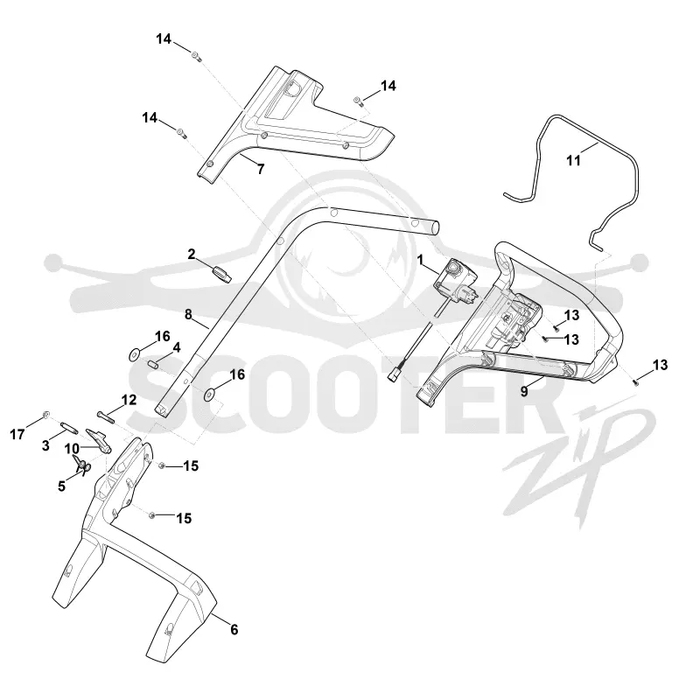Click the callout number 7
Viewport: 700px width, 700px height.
pyautogui.click(x=261, y=169)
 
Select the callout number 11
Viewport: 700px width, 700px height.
pyautogui.click(x=574, y=160)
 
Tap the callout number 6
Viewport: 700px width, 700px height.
pyautogui.click(x=234, y=629)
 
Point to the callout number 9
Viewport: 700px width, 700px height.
pyautogui.click(x=524, y=391)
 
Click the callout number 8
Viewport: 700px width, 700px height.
pyautogui.click(x=188, y=315)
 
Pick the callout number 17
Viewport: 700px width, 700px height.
pyautogui.click(x=17, y=434)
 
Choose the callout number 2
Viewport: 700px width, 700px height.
pyautogui.click(x=192, y=254)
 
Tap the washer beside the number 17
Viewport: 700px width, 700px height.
pyautogui.click(x=46, y=415)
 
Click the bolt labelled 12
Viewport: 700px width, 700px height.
pyautogui.click(x=105, y=416)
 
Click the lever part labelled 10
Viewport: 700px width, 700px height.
pyautogui.click(x=99, y=439)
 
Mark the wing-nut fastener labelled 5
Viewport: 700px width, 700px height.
pyautogui.click(x=81, y=465)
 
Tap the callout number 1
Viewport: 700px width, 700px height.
pyautogui.click(x=420, y=259)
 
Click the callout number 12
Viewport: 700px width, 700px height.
pyautogui.click(x=129, y=400)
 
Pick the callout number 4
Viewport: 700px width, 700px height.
pyautogui.click(x=177, y=347)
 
